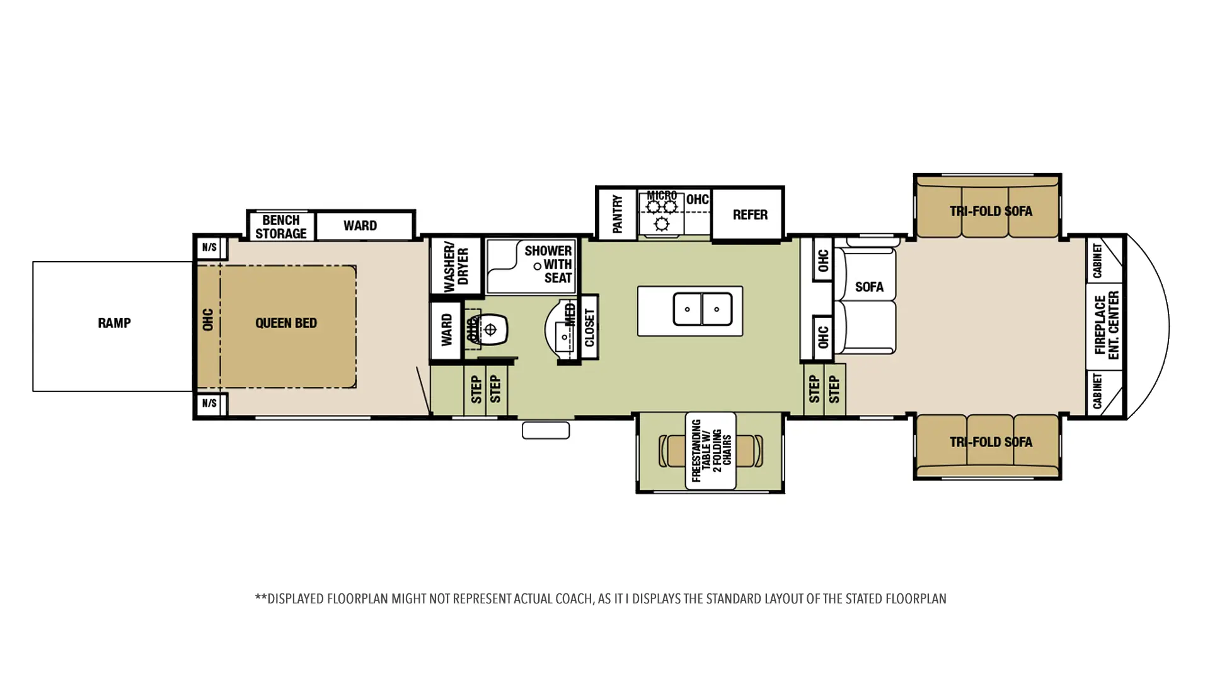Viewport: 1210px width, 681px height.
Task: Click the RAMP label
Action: click(x=114, y=323)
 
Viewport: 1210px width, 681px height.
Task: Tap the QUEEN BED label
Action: click(x=286, y=323)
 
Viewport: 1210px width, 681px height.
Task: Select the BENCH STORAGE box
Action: click(x=281, y=226)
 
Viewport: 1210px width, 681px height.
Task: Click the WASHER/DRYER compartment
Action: click(x=456, y=265)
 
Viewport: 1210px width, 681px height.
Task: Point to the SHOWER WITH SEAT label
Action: click(x=548, y=264)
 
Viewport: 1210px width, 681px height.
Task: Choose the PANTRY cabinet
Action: click(x=617, y=213)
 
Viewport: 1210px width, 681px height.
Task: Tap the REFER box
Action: click(x=750, y=215)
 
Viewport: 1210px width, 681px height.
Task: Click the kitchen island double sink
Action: click(x=703, y=309)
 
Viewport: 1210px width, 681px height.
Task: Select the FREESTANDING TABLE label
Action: click(x=711, y=451)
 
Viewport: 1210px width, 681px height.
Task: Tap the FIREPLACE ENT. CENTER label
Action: click(x=1106, y=325)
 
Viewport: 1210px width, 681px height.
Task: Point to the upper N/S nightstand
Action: click(x=210, y=248)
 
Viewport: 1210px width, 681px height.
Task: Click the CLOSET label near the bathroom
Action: click(x=589, y=327)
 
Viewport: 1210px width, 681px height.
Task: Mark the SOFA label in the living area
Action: click(x=869, y=287)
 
